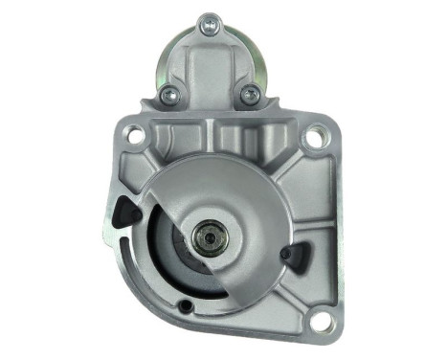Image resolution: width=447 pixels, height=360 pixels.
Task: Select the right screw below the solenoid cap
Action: (251, 94)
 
